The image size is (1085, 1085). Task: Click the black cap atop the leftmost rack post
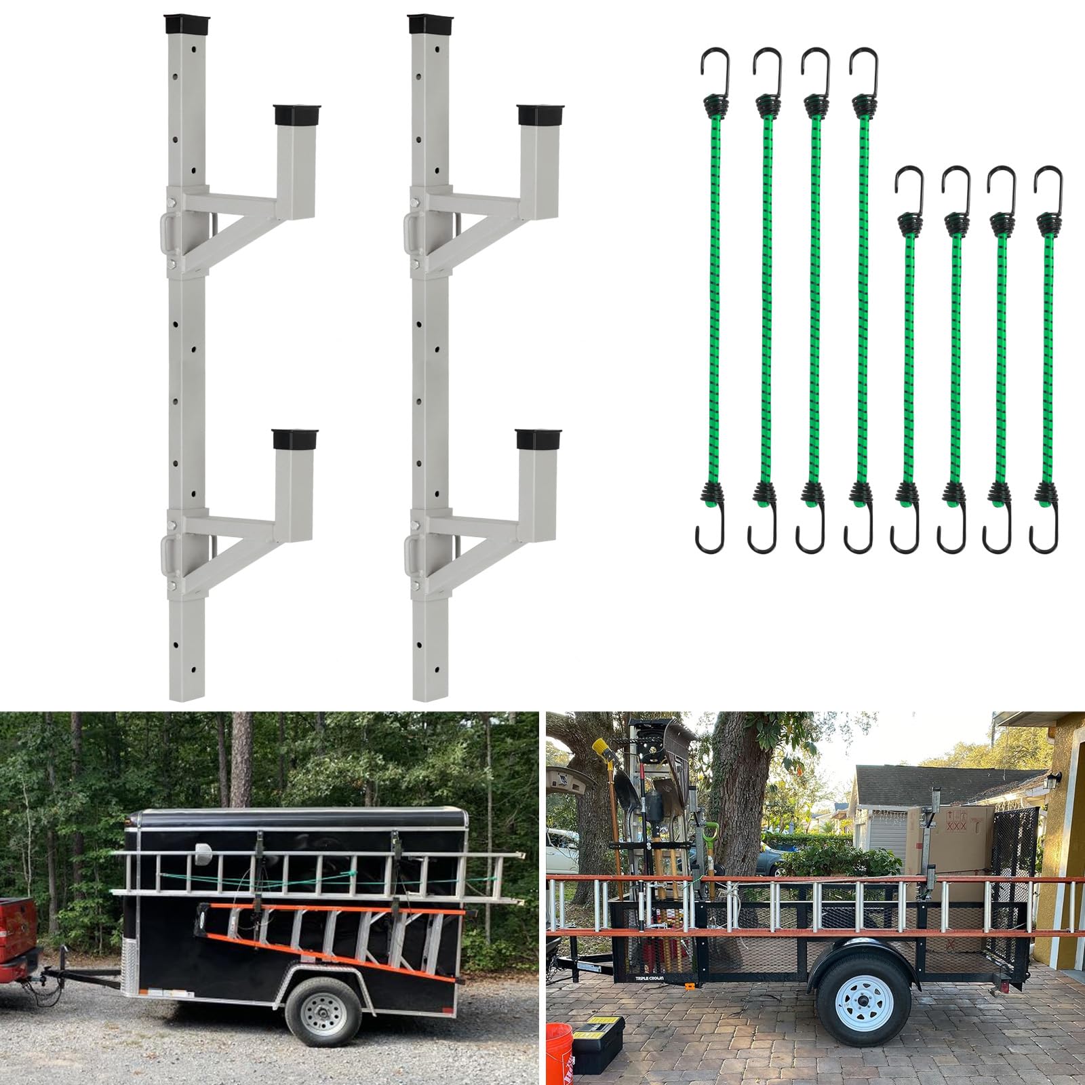(x=180, y=25)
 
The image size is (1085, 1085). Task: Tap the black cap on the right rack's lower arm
(x=534, y=440)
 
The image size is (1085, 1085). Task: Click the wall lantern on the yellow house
(x=1057, y=780)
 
